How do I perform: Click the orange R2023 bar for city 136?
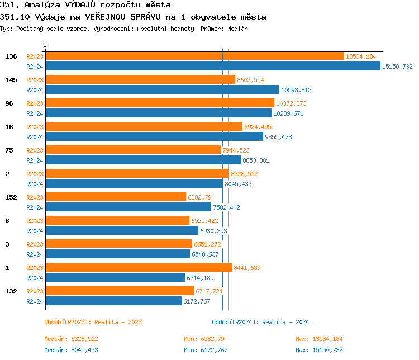tap(194, 56)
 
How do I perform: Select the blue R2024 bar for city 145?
tap(162, 89)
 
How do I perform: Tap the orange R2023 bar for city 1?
tap(138, 268)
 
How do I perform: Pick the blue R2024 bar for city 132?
tap(113, 301)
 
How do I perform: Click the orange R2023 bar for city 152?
tap(116, 197)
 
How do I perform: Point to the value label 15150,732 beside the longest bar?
tap(397, 67)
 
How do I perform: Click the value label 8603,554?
tap(250, 80)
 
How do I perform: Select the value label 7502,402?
tap(226, 207)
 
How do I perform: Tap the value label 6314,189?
tap(200, 278)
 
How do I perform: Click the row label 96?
tap(9, 103)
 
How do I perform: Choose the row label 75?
tap(9, 150)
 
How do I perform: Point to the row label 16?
tap(9, 127)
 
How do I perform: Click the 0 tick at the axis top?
tap(45, 45)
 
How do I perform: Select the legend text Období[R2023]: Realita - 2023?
tap(93, 322)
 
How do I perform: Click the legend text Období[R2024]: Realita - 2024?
tap(260, 322)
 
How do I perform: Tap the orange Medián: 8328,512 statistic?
tap(71, 339)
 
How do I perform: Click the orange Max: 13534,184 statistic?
tap(319, 339)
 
